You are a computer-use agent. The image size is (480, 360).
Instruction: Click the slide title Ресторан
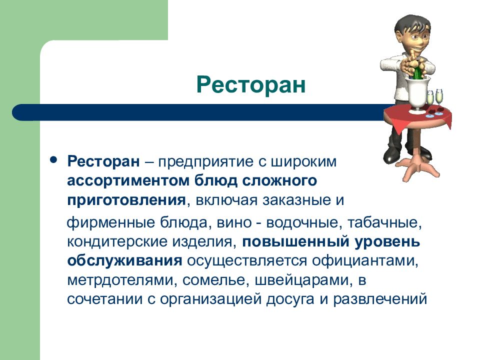251,84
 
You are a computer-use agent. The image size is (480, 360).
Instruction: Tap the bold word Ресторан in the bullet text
103,161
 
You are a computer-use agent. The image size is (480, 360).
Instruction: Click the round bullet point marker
53,160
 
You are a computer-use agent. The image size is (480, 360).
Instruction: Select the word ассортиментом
128,181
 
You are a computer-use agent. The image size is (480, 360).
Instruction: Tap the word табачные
384,222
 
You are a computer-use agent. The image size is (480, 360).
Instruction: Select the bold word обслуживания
124,261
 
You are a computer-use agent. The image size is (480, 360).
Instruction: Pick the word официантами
365,261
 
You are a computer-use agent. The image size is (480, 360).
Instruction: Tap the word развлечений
380,299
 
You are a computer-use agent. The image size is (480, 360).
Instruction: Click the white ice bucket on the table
417,93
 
